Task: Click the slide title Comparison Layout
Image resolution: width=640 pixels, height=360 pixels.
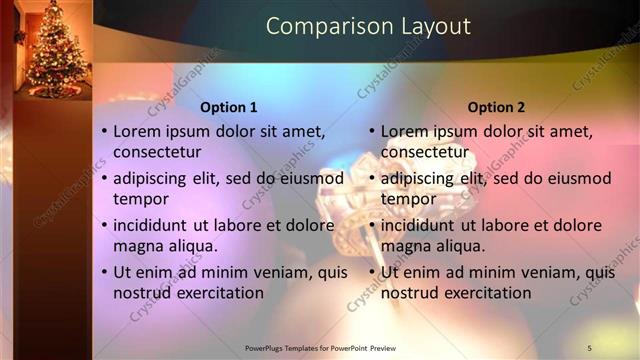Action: (368, 26)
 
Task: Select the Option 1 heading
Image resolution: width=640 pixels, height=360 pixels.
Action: (229, 107)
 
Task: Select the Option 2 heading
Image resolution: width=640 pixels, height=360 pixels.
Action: (496, 107)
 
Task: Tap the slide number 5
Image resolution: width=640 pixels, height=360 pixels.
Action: (590, 347)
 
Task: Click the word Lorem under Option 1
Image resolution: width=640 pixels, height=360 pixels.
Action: (136, 130)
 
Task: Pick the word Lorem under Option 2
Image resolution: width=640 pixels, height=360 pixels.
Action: (404, 130)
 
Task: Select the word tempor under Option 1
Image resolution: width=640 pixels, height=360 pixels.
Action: (140, 199)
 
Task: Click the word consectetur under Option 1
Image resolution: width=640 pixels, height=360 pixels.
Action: (157, 152)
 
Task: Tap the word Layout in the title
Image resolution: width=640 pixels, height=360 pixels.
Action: (430, 26)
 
